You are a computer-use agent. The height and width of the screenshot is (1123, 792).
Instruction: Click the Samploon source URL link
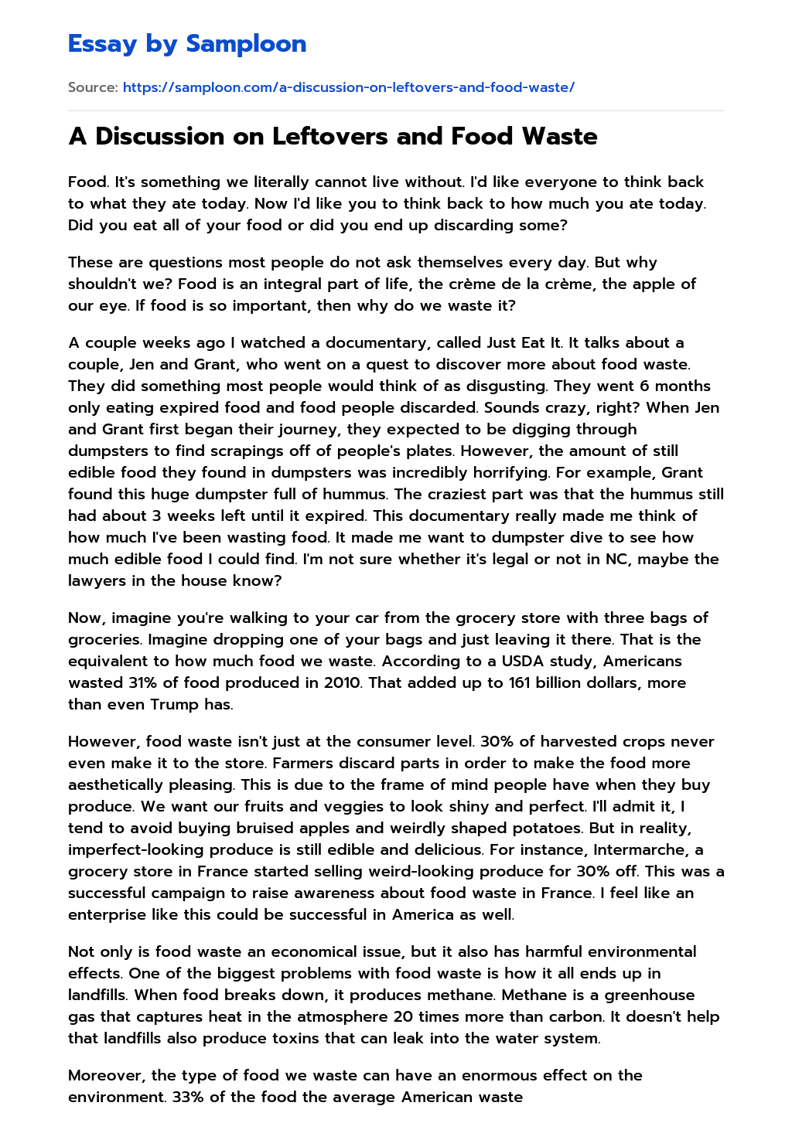pos(348,87)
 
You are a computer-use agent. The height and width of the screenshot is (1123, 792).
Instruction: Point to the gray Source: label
pos(93,87)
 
